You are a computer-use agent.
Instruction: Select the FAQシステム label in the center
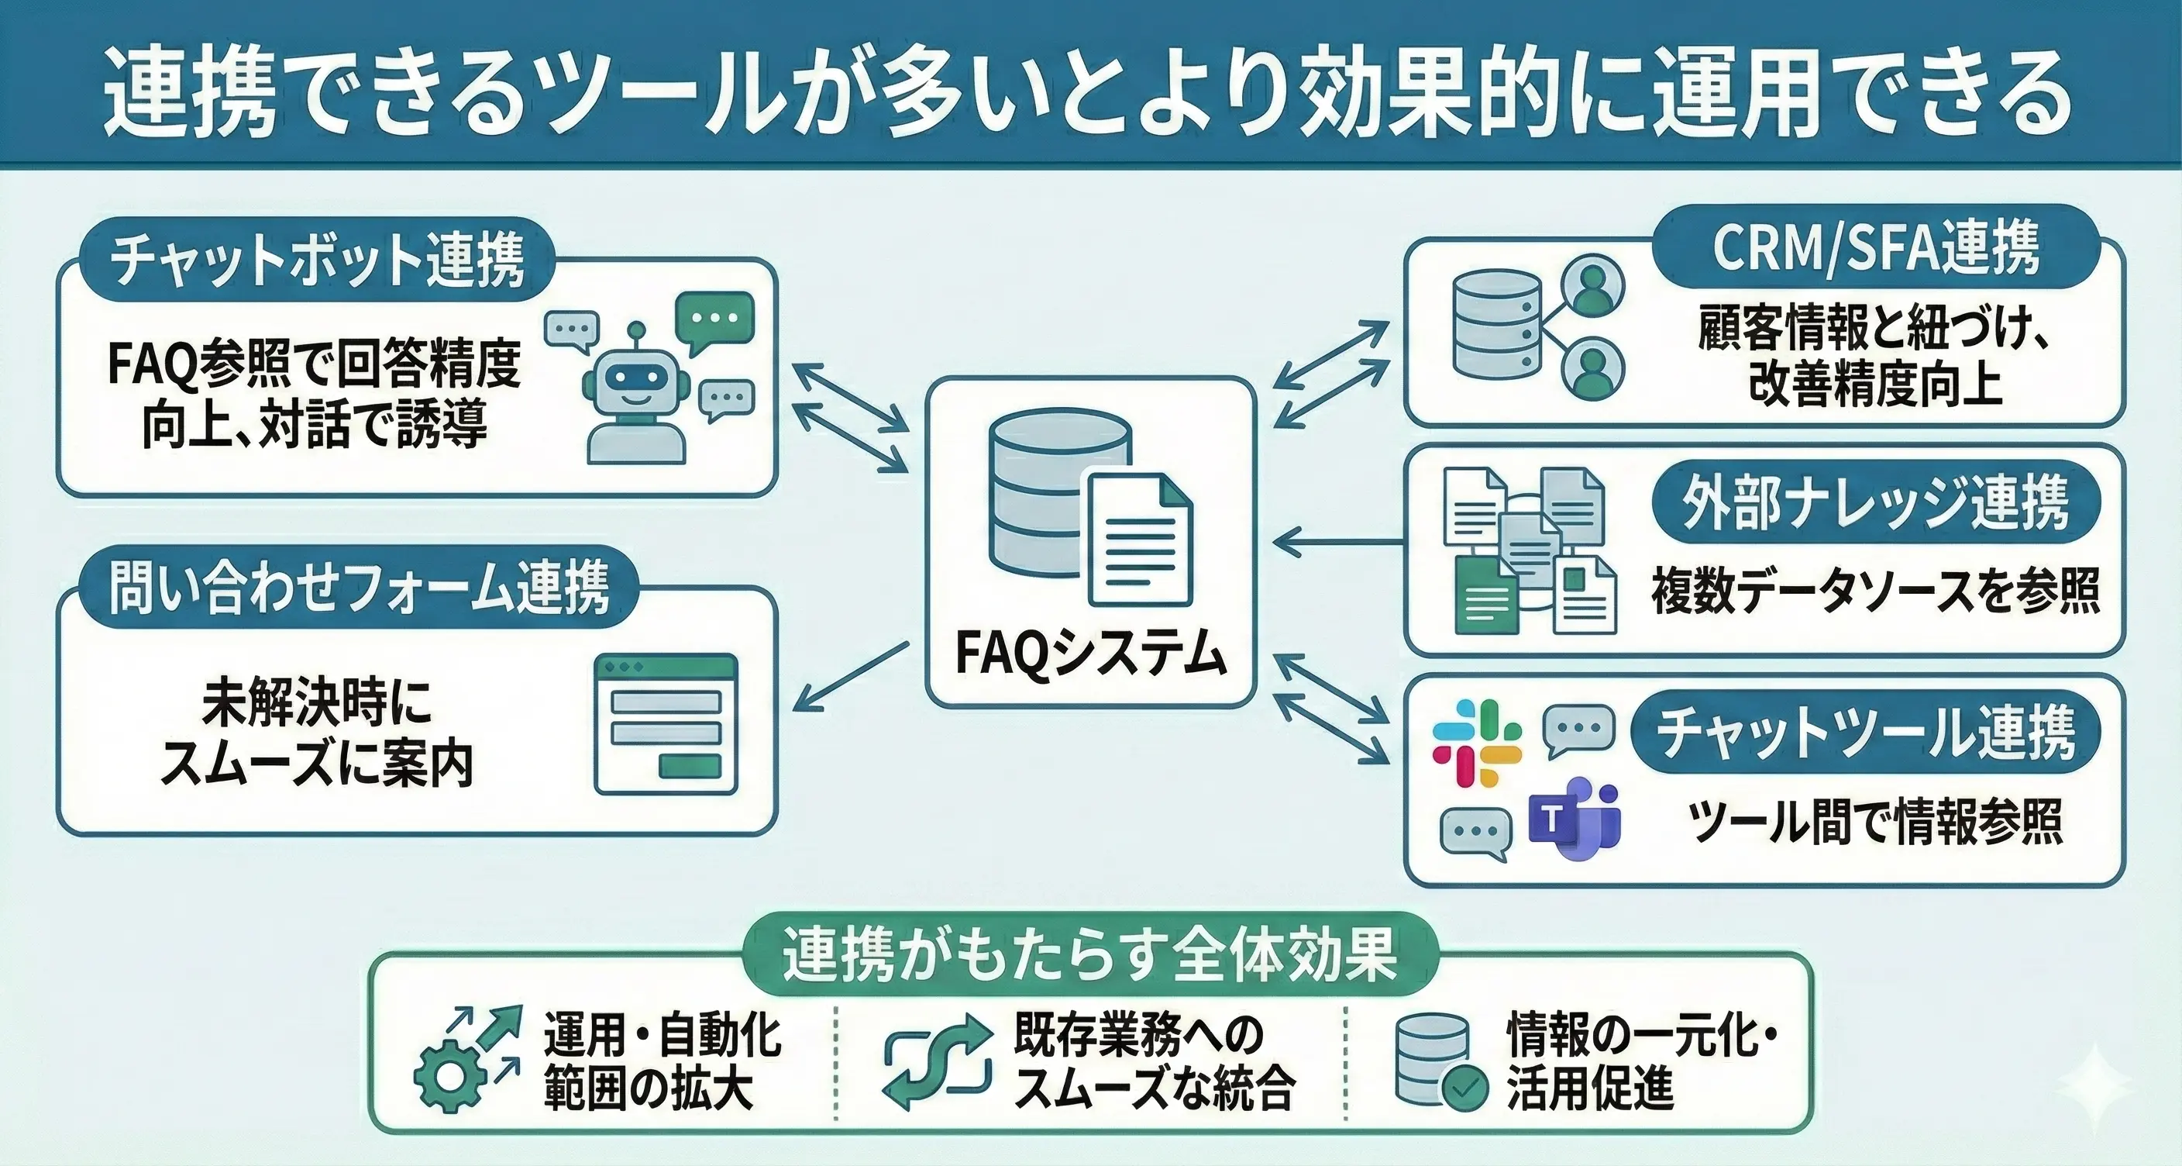(1090, 654)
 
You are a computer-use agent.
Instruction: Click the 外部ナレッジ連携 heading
(1875, 502)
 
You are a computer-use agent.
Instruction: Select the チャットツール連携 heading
(1864, 732)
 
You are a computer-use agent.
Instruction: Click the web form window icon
(666, 723)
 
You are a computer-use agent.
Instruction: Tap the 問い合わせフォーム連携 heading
(358, 586)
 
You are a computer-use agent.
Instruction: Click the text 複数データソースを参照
(1874, 591)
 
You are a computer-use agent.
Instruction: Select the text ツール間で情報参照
(1874, 820)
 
